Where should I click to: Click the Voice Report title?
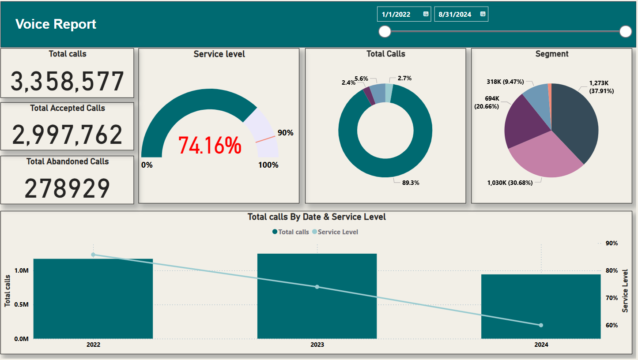(56, 24)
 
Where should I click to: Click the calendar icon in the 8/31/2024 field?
(483, 14)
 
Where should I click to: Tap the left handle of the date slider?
(385, 31)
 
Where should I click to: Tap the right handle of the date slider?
(626, 31)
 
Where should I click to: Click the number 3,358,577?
(67, 82)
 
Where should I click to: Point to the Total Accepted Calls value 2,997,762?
(67, 135)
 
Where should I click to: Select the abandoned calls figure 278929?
(67, 189)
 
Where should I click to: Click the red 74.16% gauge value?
(210, 145)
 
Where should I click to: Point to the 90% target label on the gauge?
(285, 133)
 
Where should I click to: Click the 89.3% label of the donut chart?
(410, 183)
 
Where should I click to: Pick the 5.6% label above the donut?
(361, 79)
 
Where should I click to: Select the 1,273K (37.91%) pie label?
(601, 87)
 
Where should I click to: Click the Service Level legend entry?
(338, 232)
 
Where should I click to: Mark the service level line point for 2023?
(317, 287)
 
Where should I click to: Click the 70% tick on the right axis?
(612, 298)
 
